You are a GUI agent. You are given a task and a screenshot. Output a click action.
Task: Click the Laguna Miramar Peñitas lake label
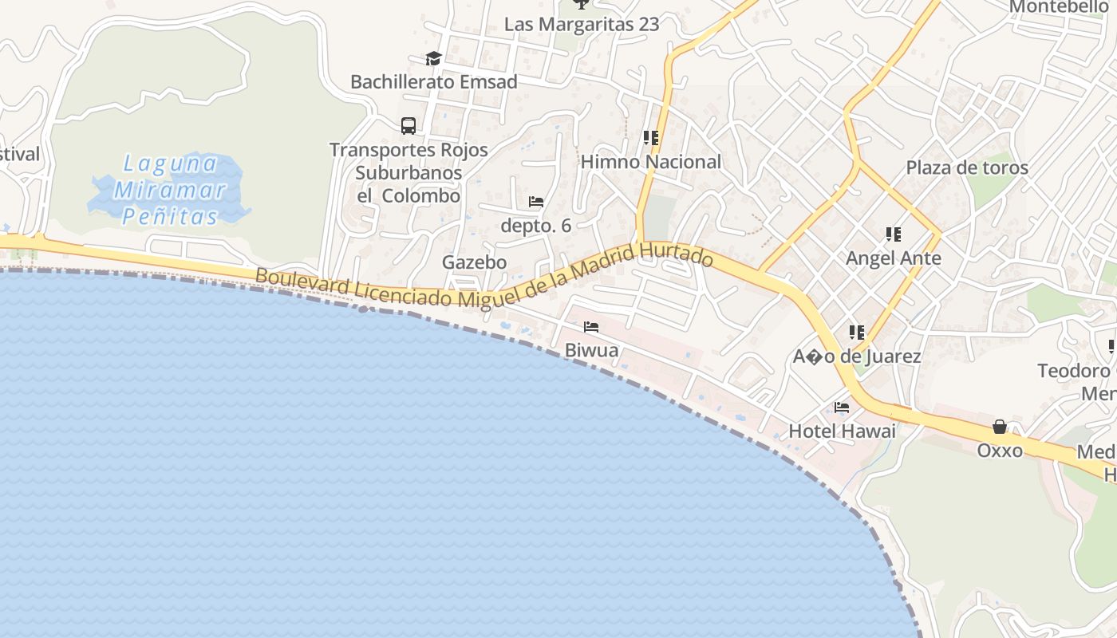coord(169,190)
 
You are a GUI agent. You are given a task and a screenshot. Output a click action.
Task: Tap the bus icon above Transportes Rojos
coord(409,126)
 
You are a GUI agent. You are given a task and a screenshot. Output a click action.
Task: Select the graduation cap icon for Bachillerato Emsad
coord(433,58)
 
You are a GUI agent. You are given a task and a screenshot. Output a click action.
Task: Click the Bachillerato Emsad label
coord(434,81)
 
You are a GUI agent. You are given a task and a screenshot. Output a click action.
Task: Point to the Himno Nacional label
coord(650,162)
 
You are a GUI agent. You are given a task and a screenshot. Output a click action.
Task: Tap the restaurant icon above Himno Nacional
coord(651,138)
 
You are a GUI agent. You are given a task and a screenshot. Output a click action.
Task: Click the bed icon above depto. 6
coord(536,202)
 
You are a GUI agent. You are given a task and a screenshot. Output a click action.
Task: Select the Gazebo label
coord(474,262)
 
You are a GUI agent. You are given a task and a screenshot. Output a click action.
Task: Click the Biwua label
coord(591,350)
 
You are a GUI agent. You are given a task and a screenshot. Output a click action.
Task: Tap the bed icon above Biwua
coord(591,327)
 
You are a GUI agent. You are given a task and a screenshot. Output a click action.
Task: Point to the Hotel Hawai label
coord(842,431)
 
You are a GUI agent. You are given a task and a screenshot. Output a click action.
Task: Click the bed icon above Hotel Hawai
coord(842,408)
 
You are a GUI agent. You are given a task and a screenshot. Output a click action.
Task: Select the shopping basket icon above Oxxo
coord(1000,427)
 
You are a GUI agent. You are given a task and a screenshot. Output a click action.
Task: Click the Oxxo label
coord(1000,451)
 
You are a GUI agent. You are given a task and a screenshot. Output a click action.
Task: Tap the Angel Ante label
coord(894,258)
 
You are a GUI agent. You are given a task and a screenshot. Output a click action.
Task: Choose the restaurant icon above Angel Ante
coord(894,234)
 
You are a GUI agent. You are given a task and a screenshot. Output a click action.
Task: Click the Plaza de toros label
coord(967,168)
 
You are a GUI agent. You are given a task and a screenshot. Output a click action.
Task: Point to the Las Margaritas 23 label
coord(582,25)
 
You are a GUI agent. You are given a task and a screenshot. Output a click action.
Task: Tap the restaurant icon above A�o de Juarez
coord(857,333)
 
